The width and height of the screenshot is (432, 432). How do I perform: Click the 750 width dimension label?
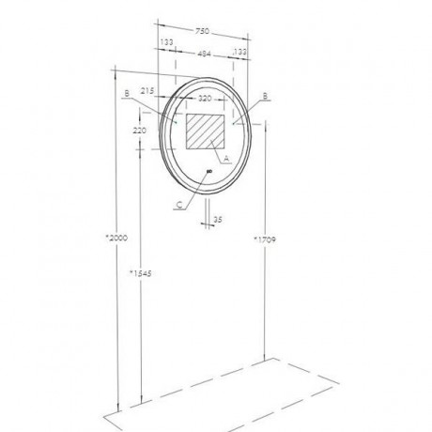(x=202, y=31)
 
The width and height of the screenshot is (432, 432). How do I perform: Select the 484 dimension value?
(x=204, y=54)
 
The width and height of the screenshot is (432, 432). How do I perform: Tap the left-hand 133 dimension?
(x=166, y=42)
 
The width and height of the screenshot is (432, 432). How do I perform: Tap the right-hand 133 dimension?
(x=239, y=52)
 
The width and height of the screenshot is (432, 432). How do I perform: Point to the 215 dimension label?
(x=147, y=91)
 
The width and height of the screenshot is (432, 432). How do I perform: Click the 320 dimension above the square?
(x=205, y=99)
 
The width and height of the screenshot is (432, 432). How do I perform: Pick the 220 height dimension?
(x=139, y=131)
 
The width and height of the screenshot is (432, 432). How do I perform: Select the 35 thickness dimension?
(x=218, y=220)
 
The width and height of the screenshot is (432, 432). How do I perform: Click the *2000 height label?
(x=116, y=238)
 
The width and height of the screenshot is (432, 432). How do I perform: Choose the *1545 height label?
(x=141, y=273)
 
